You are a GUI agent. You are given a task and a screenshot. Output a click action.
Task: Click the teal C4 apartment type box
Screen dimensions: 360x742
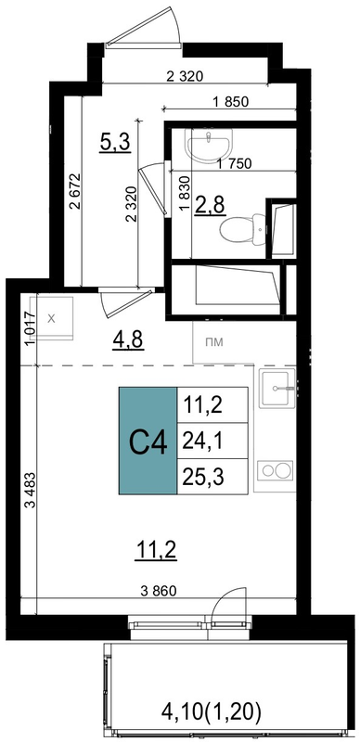[x=148, y=441]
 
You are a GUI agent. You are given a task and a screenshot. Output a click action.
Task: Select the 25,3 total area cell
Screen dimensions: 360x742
[x=212, y=477]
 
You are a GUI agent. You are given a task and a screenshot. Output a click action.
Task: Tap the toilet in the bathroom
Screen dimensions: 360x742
[x=243, y=230]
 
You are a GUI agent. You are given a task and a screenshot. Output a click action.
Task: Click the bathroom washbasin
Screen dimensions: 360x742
[x=210, y=144]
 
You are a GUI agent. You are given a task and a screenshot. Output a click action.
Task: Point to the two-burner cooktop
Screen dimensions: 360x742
[x=276, y=470]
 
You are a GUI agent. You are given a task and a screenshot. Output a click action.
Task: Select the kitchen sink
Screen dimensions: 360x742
[x=276, y=388]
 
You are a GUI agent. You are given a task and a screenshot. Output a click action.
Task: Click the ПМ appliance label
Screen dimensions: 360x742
[x=214, y=342]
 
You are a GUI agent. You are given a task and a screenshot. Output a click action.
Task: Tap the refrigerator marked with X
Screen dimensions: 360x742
[x=51, y=318]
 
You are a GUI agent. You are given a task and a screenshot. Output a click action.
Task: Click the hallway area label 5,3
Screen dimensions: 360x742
[x=115, y=142]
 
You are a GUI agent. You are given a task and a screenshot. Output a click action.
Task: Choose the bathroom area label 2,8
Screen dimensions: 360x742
[x=210, y=206]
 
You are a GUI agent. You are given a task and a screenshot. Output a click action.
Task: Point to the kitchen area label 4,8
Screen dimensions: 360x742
[x=128, y=339]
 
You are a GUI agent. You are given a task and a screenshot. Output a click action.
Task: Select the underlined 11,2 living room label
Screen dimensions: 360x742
[x=156, y=550]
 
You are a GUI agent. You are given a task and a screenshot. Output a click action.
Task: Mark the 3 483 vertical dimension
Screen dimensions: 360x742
[x=32, y=490]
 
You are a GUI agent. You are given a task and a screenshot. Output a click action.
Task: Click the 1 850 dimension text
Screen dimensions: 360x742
[x=231, y=102]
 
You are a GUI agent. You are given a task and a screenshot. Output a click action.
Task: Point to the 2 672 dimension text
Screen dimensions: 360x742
[x=75, y=191]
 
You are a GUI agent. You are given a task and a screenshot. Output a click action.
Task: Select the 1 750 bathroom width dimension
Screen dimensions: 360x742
[x=234, y=164]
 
